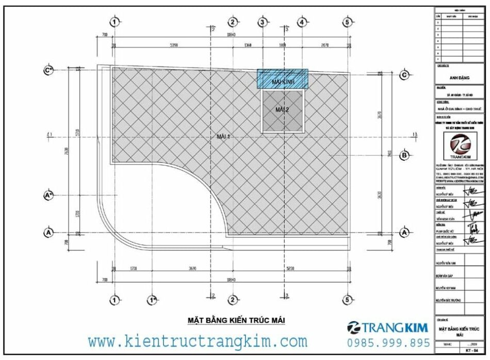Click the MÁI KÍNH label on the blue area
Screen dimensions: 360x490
282,81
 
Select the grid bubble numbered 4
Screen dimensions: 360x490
301,22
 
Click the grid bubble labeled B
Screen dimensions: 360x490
404,155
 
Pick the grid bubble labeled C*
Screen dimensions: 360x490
48,71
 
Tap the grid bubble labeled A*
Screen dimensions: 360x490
48,195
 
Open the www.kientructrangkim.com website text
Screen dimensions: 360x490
197,341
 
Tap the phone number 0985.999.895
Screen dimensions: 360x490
388,343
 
